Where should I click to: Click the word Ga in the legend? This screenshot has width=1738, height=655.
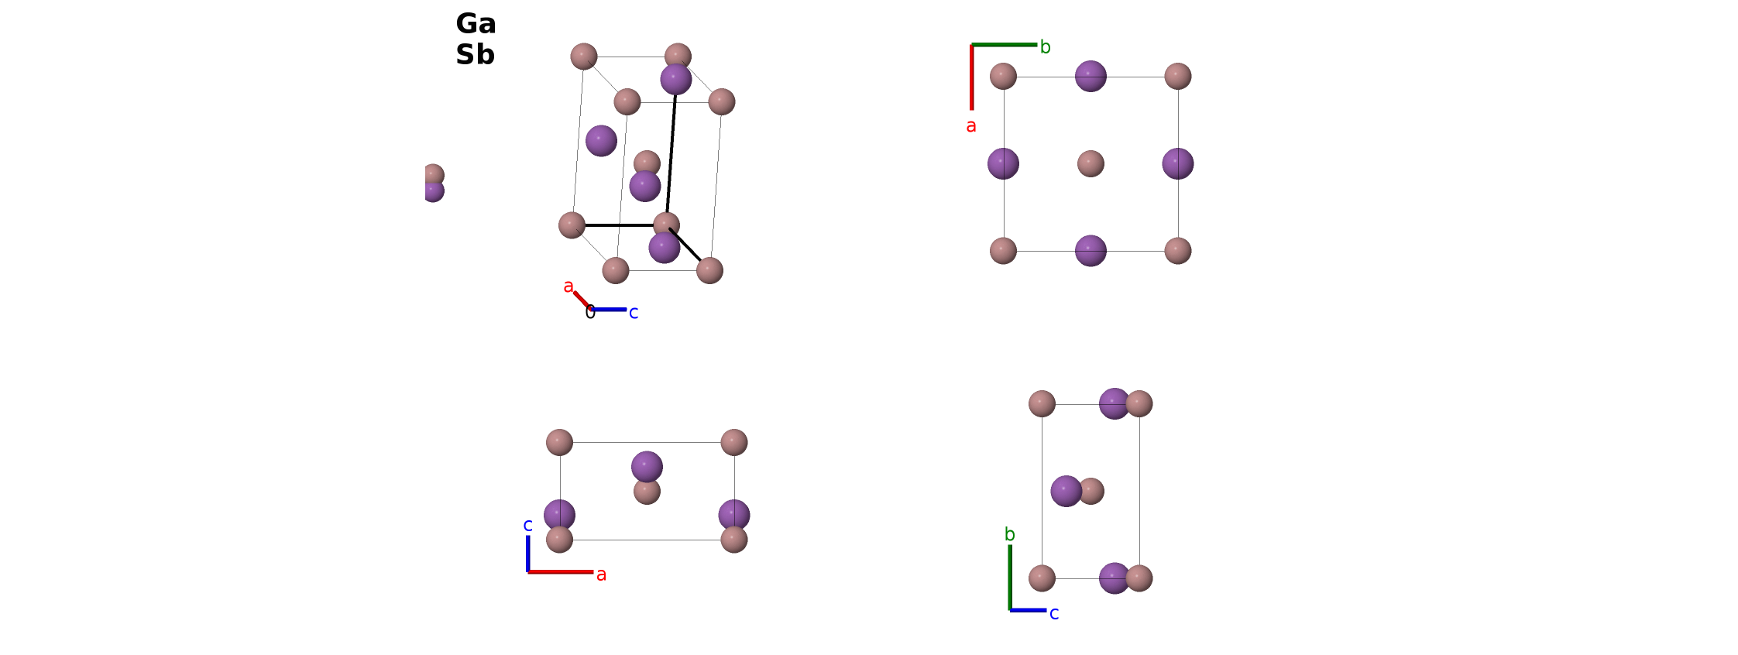click(x=476, y=24)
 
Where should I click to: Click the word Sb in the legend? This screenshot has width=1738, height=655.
click(x=475, y=55)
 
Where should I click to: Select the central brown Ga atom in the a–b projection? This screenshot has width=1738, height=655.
click(x=1091, y=163)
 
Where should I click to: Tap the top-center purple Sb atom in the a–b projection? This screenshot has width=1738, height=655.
click(x=1091, y=76)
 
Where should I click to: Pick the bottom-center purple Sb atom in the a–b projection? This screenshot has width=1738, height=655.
click(x=1091, y=251)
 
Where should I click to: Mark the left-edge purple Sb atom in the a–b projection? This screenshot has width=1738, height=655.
click(x=1003, y=163)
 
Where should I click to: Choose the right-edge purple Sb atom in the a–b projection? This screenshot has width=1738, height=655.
click(x=1178, y=163)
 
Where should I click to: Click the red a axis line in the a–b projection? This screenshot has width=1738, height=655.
click(x=972, y=77)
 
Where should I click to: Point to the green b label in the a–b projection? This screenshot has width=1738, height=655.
click(x=1045, y=47)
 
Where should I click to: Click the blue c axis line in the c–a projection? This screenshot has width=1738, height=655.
click(x=528, y=554)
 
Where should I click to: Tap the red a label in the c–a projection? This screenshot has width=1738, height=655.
click(x=601, y=575)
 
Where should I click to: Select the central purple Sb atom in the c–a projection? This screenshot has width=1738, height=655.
click(x=647, y=467)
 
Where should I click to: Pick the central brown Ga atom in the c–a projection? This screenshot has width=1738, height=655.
click(x=647, y=492)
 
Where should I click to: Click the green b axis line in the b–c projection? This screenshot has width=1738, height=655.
click(x=1010, y=578)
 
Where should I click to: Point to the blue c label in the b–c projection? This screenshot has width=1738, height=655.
click(x=1054, y=614)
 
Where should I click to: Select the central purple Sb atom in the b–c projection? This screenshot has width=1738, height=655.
click(x=1066, y=491)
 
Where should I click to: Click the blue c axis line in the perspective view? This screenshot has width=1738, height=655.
click(x=609, y=310)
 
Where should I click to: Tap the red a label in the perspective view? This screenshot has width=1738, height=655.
click(x=568, y=286)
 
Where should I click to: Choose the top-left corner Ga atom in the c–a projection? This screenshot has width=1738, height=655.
click(x=559, y=442)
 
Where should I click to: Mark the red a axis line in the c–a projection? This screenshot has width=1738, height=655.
click(x=561, y=572)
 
